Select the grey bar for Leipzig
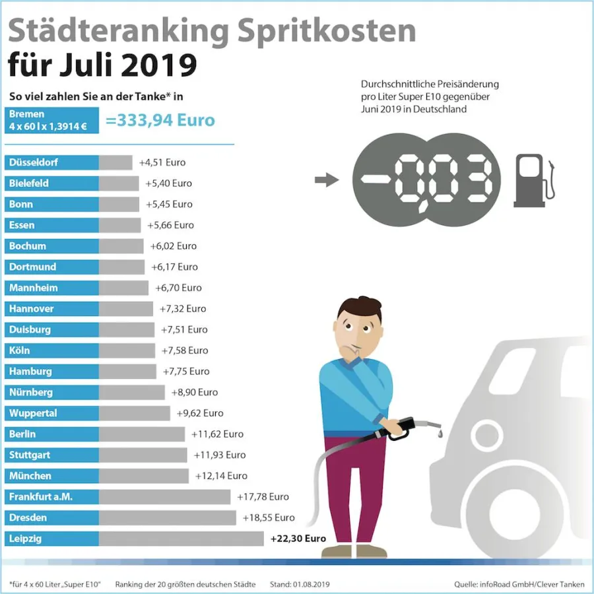coord(181,539)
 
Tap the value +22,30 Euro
coord(298,539)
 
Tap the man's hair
coord(360,308)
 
